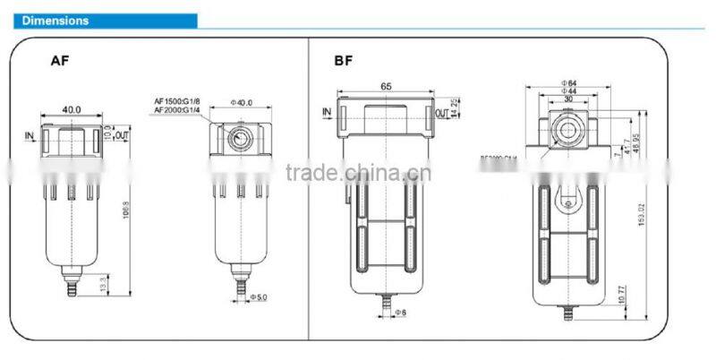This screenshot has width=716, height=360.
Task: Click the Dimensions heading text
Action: click(x=55, y=20)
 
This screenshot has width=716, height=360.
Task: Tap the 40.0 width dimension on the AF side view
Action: click(x=72, y=109)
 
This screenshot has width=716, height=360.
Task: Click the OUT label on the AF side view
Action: click(x=124, y=134)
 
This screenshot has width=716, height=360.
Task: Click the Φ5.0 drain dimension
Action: click(x=260, y=296)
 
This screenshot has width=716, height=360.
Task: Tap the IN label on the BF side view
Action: click(x=327, y=113)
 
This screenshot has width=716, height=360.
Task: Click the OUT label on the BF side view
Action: click(x=441, y=114)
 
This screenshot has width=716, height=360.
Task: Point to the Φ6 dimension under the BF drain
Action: click(x=400, y=312)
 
